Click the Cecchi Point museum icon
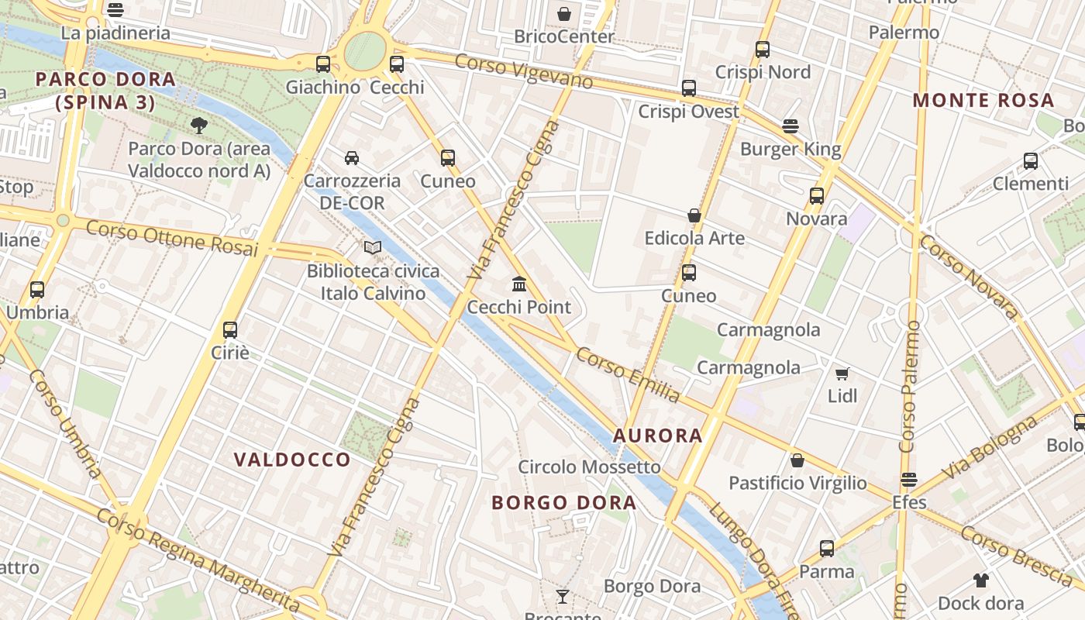pos(519,284)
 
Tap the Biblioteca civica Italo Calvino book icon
pos(373,247)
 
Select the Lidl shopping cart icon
pos(842,373)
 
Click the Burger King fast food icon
pos(790,126)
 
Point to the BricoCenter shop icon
pos(564,14)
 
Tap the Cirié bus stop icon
pos(230,329)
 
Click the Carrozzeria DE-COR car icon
pos(352,158)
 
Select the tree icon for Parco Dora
pos(199,125)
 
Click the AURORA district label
pos(658,436)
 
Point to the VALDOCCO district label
pos(292,460)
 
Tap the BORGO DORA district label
pos(564,503)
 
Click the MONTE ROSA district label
pos(983,100)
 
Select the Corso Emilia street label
pos(628,375)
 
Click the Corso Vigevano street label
pos(524,71)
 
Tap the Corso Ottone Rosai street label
pos(171,238)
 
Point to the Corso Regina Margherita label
pos(198,560)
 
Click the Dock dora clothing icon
pos(981,580)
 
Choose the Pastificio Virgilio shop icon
pos(797,460)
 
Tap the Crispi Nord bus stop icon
pos(763,50)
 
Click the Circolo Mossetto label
pos(589,467)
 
